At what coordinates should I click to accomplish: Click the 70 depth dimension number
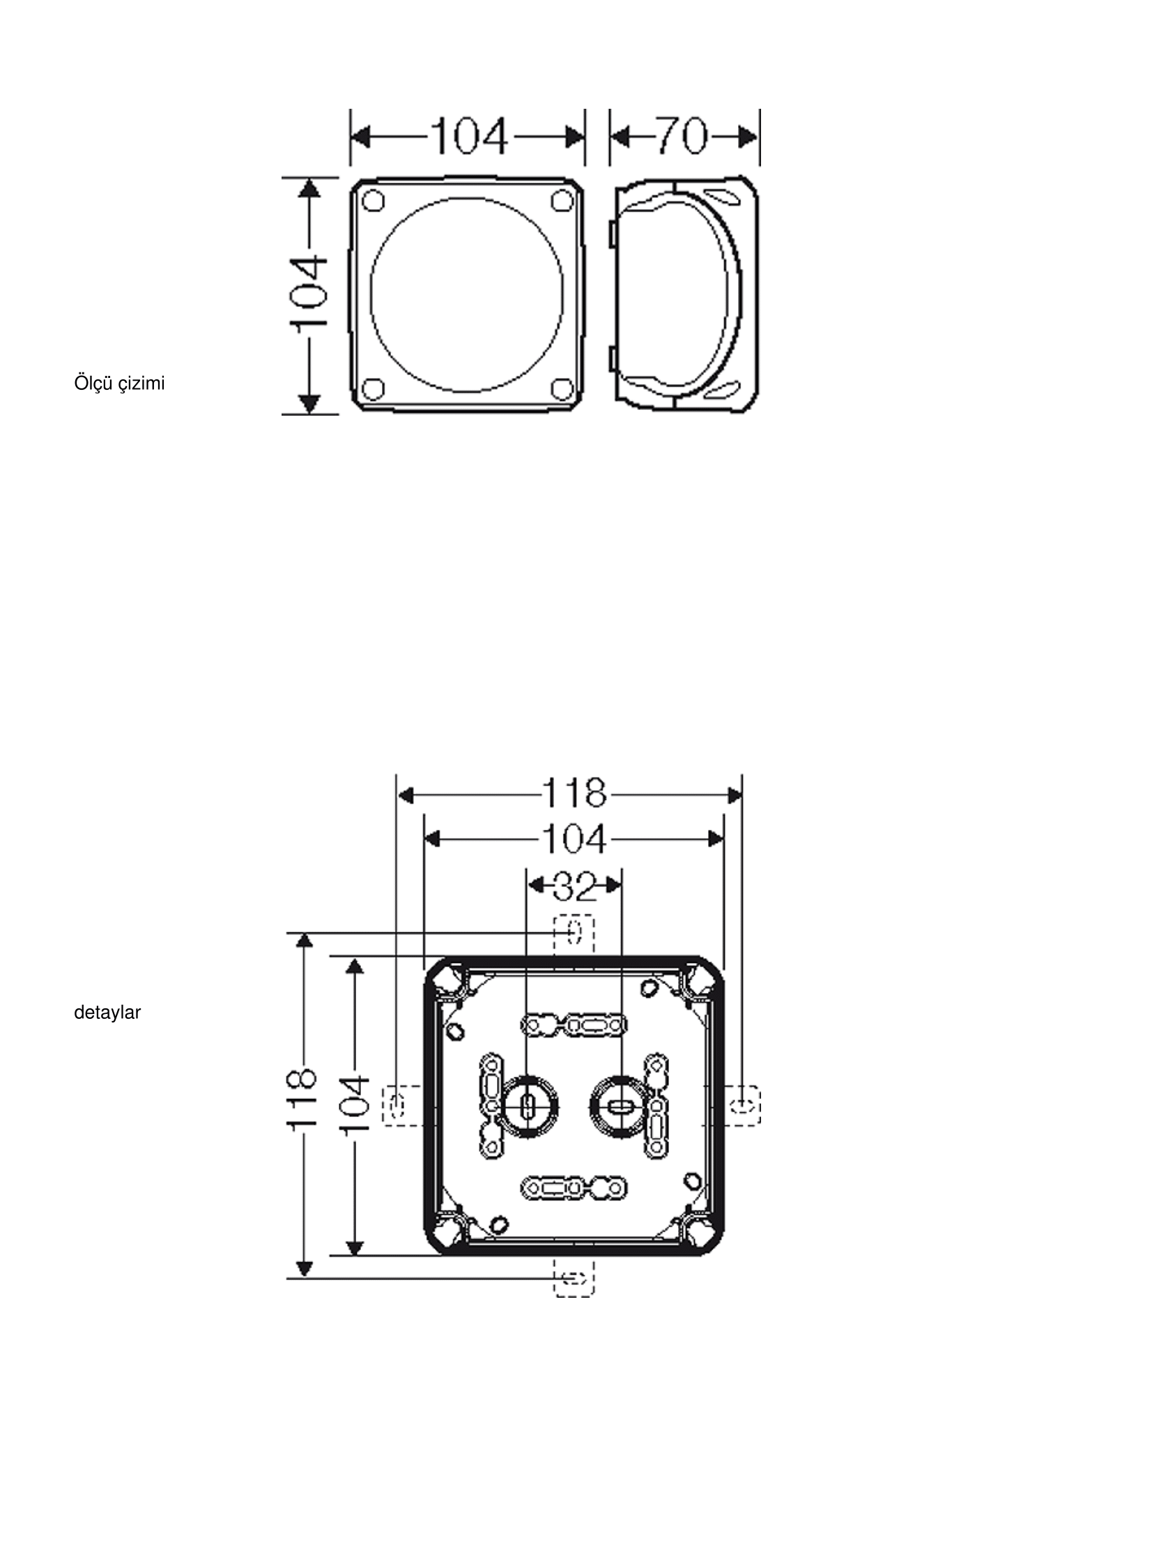click(682, 136)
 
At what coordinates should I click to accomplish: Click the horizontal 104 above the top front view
click(468, 136)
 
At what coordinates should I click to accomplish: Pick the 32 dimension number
click(574, 886)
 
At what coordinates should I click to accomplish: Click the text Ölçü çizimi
click(119, 384)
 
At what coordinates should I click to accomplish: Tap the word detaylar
click(107, 1013)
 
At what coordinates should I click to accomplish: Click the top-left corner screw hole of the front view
click(373, 200)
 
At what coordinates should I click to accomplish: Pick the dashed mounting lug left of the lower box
click(402, 1106)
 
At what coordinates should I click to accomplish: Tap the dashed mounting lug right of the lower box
click(742, 1106)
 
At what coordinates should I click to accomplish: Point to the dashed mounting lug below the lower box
click(574, 1278)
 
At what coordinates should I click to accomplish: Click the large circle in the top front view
click(371, 293)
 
